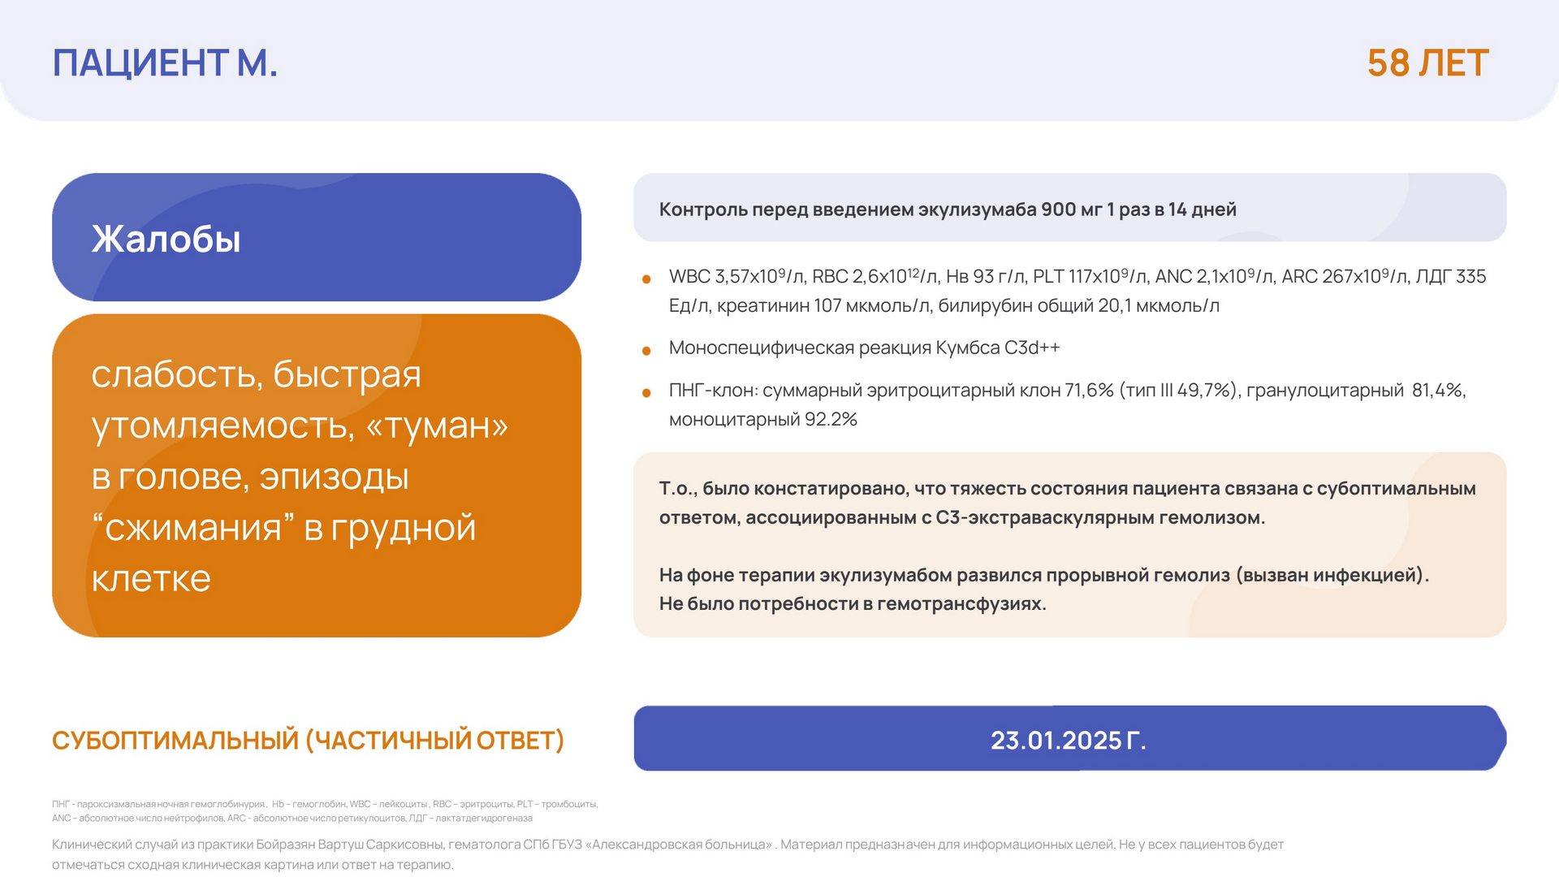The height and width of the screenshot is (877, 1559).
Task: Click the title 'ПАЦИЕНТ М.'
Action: pos(165,63)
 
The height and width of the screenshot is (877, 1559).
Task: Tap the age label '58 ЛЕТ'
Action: pos(1427,63)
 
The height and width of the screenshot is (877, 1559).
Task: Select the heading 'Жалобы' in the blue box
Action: pos(166,239)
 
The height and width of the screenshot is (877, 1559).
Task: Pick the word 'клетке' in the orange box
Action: pos(151,578)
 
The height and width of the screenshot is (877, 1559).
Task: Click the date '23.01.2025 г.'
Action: pos(1068,741)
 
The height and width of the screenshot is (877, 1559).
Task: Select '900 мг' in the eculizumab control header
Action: pos(1071,210)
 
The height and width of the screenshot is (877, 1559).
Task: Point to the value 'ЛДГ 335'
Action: pos(1451,276)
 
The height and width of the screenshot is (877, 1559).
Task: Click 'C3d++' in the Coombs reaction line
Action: pos(1032,348)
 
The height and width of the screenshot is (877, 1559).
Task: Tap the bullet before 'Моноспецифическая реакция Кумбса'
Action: pos(646,351)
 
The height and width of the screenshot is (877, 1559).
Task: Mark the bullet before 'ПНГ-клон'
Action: pos(646,393)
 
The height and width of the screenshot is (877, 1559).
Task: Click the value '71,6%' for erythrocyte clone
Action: pos(1089,391)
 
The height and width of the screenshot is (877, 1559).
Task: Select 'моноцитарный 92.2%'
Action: pos(763,420)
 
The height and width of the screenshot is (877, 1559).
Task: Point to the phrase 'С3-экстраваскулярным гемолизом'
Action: pos(1100,518)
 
